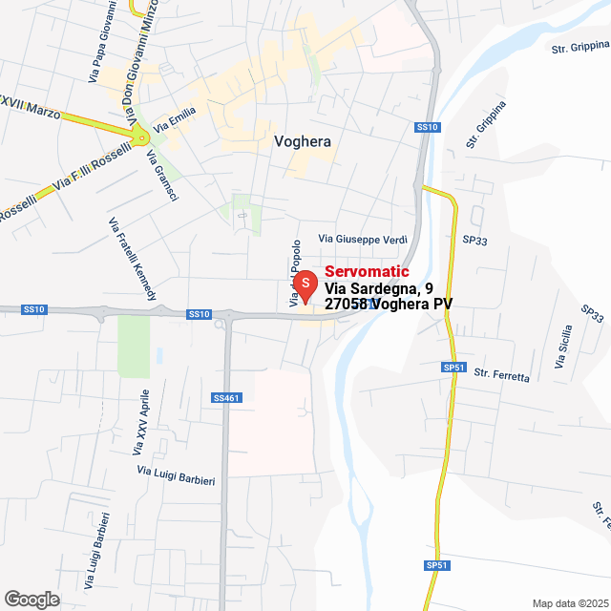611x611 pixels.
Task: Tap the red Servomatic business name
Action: pyautogui.click(x=367, y=272)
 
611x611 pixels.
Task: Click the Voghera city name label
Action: pyautogui.click(x=302, y=141)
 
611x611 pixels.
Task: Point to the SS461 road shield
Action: pyautogui.click(x=226, y=397)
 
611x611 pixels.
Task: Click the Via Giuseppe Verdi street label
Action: pyautogui.click(x=363, y=238)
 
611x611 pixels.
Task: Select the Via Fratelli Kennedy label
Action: pyautogui.click(x=133, y=258)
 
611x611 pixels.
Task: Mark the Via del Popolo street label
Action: pyautogui.click(x=295, y=272)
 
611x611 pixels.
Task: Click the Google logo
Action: pyautogui.click(x=31, y=600)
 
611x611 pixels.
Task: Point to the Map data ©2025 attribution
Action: pyautogui.click(x=570, y=602)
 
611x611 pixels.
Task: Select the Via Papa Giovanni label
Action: pyautogui.click(x=104, y=43)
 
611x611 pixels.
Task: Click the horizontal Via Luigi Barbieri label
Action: pyautogui.click(x=176, y=474)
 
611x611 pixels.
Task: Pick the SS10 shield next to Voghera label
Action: pyautogui.click(x=427, y=127)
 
